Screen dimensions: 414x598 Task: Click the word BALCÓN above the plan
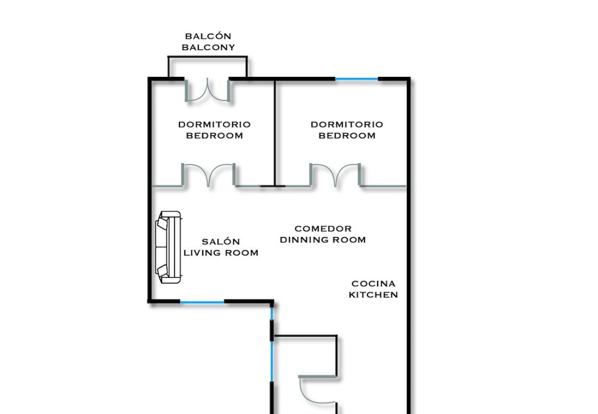pos(208,36)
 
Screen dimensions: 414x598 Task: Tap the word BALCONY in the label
pos(208,47)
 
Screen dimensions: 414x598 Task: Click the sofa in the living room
pos(168,247)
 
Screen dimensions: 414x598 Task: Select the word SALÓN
pos(221,241)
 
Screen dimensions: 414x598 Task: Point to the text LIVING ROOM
pos(221,253)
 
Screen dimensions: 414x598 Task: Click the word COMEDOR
pos(323,228)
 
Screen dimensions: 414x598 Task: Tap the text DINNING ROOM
pos(323,240)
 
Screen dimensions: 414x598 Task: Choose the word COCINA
pos(373,283)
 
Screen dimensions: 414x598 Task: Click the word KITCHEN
pos(373,295)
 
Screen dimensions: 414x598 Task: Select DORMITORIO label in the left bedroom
pos(214,124)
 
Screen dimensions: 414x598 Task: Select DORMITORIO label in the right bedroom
pos(347,124)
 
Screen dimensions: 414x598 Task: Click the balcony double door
pos(207,90)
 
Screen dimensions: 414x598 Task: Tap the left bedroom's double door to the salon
pos(209,175)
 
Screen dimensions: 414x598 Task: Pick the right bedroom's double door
pos(335,175)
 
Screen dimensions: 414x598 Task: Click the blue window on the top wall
pos(356,79)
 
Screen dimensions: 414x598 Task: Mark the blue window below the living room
pos(202,302)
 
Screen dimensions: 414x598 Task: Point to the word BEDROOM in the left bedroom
pos(214,136)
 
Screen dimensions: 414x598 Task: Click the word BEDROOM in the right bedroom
pos(347,136)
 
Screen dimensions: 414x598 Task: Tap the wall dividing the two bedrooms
pos(275,133)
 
